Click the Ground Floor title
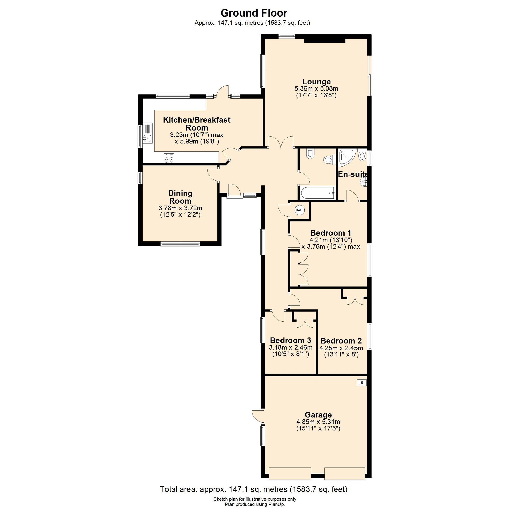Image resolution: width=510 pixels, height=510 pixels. [x=254, y=13]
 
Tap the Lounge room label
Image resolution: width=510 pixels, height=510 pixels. [x=316, y=82]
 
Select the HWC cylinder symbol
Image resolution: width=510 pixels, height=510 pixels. [x=299, y=210]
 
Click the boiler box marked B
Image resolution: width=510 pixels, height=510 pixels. [x=362, y=382]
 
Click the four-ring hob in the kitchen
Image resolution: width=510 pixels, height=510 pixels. [x=169, y=158]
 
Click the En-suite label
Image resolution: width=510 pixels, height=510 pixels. [x=353, y=174]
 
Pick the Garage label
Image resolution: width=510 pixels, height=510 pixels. [x=318, y=415]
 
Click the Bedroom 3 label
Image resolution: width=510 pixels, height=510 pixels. [x=290, y=340]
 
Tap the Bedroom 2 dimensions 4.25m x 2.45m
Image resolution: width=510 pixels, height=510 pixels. [x=341, y=348]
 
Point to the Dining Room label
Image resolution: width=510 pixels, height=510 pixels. [x=180, y=197]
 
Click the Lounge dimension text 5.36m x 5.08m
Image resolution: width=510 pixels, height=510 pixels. [x=316, y=89]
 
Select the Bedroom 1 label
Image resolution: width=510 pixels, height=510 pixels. [x=330, y=233]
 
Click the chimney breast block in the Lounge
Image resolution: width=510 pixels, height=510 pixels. [x=325, y=40]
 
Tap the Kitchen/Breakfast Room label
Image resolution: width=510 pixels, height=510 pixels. [x=197, y=123]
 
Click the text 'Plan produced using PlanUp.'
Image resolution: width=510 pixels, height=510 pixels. [x=255, y=504]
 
